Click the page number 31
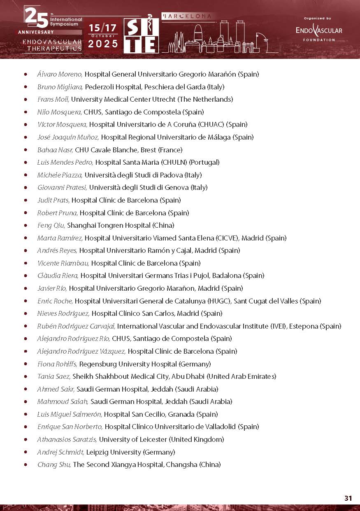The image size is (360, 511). (348, 498)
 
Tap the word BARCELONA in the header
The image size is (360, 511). (189, 16)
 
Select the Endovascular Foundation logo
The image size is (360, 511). (319, 30)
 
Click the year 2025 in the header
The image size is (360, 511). (103, 44)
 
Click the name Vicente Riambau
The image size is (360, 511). (63, 263)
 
